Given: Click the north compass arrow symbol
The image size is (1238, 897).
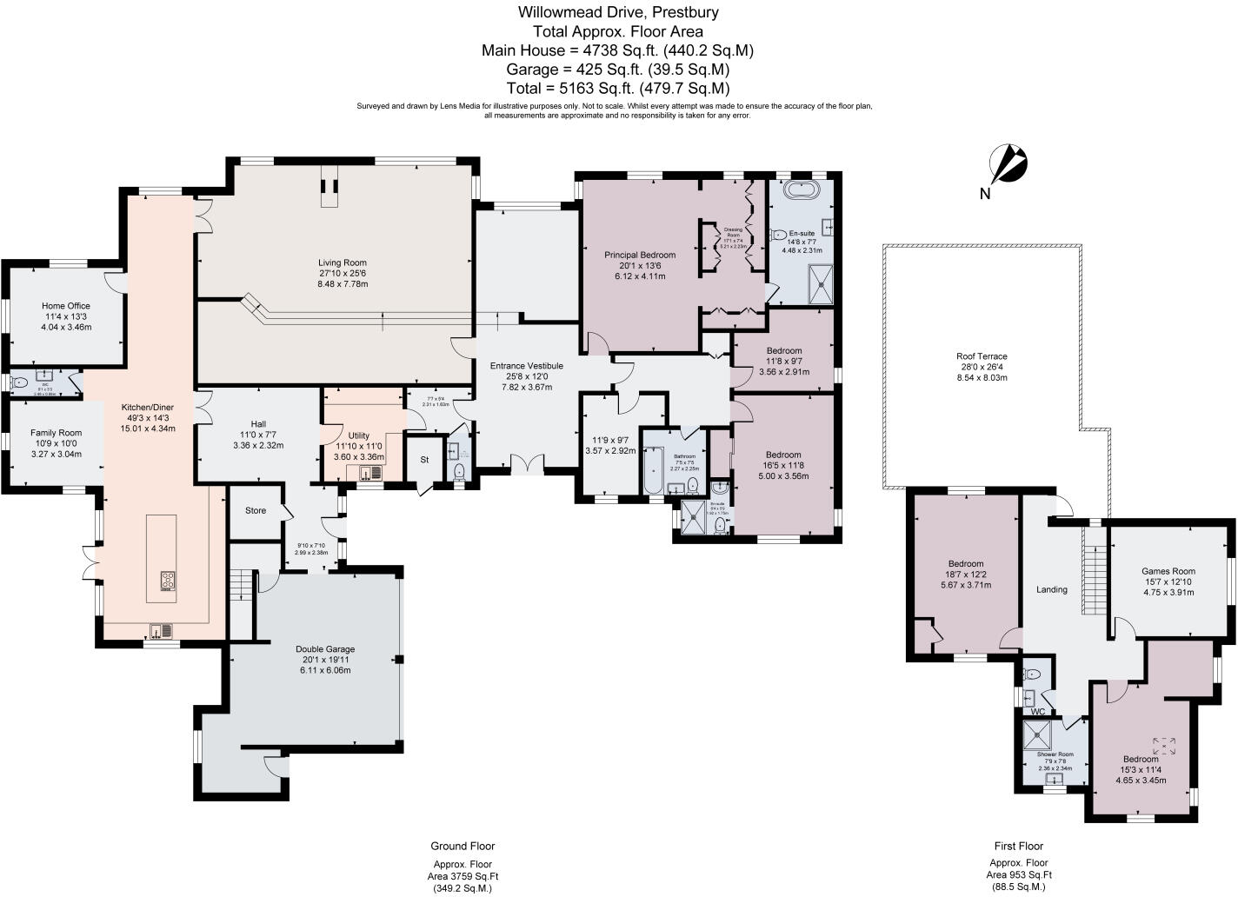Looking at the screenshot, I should pos(1009,165).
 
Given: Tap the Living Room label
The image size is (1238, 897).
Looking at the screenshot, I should pos(342,262).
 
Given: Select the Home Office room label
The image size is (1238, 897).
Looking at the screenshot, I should pos(66,306).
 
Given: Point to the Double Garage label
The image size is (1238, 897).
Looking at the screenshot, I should pos(324,649).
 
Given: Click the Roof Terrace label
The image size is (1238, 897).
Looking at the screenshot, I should pos(982,356).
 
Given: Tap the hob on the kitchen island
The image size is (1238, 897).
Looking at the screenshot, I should pos(168,581).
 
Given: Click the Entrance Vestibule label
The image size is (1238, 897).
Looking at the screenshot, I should pos(526,366).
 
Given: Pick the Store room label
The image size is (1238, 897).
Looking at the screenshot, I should pos(255,511).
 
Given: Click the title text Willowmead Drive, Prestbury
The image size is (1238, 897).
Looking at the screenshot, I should pos(618,12).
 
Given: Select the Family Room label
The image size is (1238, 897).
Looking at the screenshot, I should pos(56,433).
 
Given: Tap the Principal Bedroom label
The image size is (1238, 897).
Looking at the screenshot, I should pos(640,255).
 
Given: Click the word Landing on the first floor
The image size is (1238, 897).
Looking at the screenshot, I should pos(1051,589).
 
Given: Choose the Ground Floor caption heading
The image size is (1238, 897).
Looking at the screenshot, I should pos(463,846).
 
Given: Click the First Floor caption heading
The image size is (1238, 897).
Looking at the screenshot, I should pos(1018,846).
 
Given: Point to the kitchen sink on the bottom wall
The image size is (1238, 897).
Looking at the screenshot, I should pos(162,630).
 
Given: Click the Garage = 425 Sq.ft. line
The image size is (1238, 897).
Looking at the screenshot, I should pos(618,70).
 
